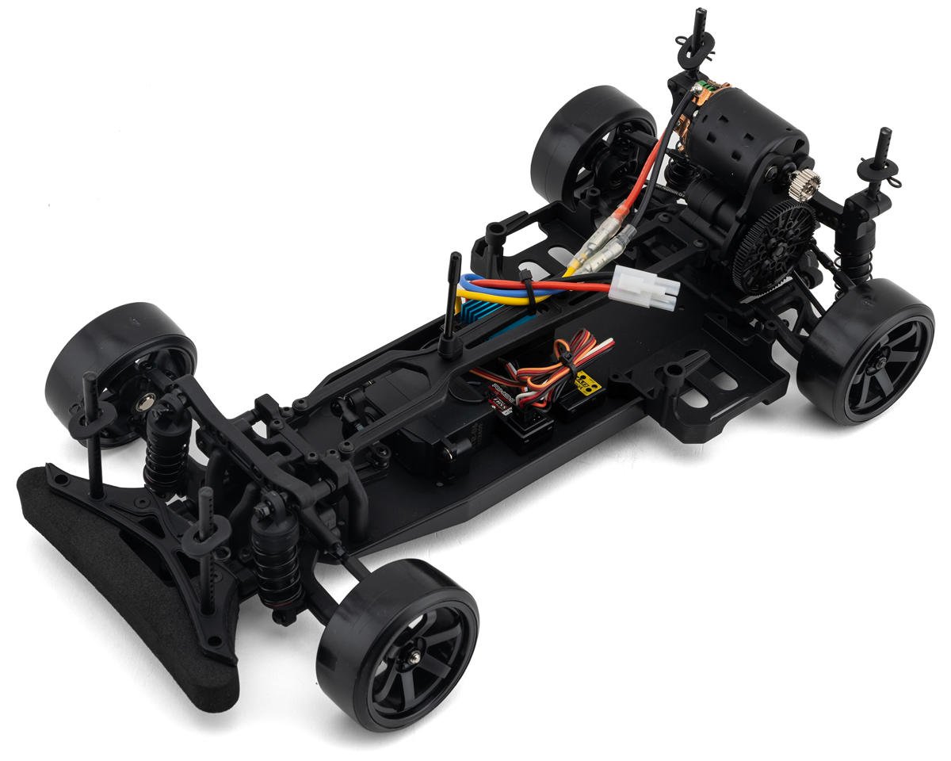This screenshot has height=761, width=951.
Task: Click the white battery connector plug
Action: pos(645,286)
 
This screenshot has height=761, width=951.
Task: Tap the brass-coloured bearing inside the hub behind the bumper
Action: pos(146,404)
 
